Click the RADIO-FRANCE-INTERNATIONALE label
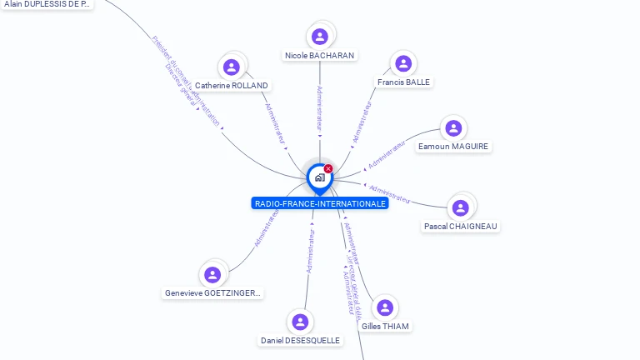click(320, 203)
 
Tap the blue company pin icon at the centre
click(319, 177)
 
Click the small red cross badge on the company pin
click(328, 169)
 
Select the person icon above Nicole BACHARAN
click(319, 37)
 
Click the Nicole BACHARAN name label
click(319, 56)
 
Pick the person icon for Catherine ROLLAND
click(232, 67)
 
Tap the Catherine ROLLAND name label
click(232, 86)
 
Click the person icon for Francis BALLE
click(403, 63)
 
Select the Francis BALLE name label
click(403, 82)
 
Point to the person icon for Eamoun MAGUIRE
click(453, 127)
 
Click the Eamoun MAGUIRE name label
click(454, 147)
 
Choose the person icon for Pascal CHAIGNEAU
click(461, 207)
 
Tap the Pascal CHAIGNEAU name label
click(461, 227)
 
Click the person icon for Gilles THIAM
click(385, 307)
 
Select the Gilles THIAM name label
click(385, 327)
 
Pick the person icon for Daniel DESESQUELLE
click(300, 322)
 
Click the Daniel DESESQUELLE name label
click(300, 341)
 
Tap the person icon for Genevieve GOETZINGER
click(212, 274)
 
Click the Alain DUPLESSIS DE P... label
click(47, 4)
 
